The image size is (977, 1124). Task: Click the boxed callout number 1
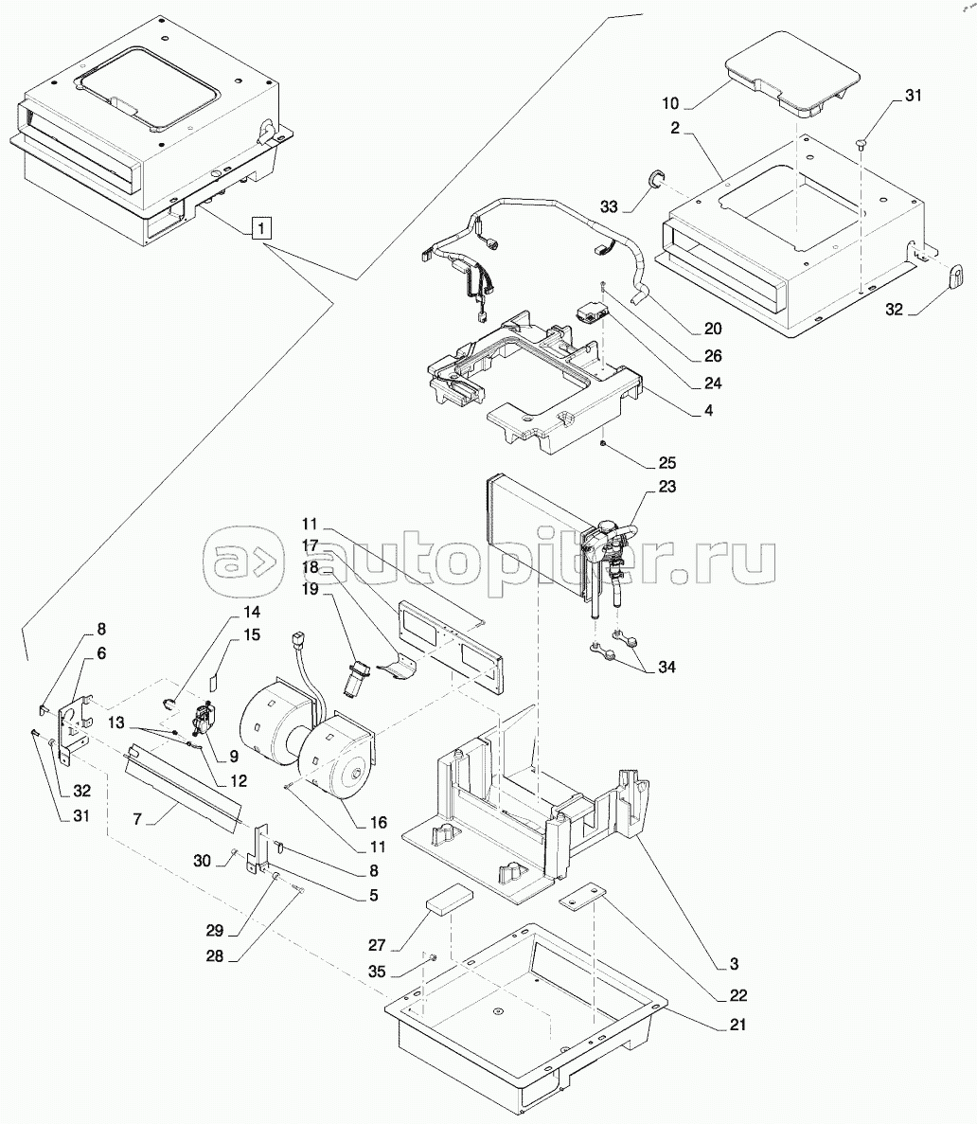point(261,228)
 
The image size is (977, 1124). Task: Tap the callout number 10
point(669,103)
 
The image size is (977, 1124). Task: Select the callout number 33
point(609,206)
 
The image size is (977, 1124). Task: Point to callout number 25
point(667,462)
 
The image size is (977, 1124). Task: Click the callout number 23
point(667,486)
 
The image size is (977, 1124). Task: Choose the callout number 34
point(666,667)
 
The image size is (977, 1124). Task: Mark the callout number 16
point(379,822)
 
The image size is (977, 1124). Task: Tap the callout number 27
point(377,946)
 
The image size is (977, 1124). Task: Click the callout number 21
point(737,1026)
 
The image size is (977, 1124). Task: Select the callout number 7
point(137,819)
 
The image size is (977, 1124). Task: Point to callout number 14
point(252,612)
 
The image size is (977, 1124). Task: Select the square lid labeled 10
point(791,75)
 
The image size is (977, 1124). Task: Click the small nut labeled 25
point(604,444)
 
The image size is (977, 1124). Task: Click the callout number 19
point(310,589)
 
